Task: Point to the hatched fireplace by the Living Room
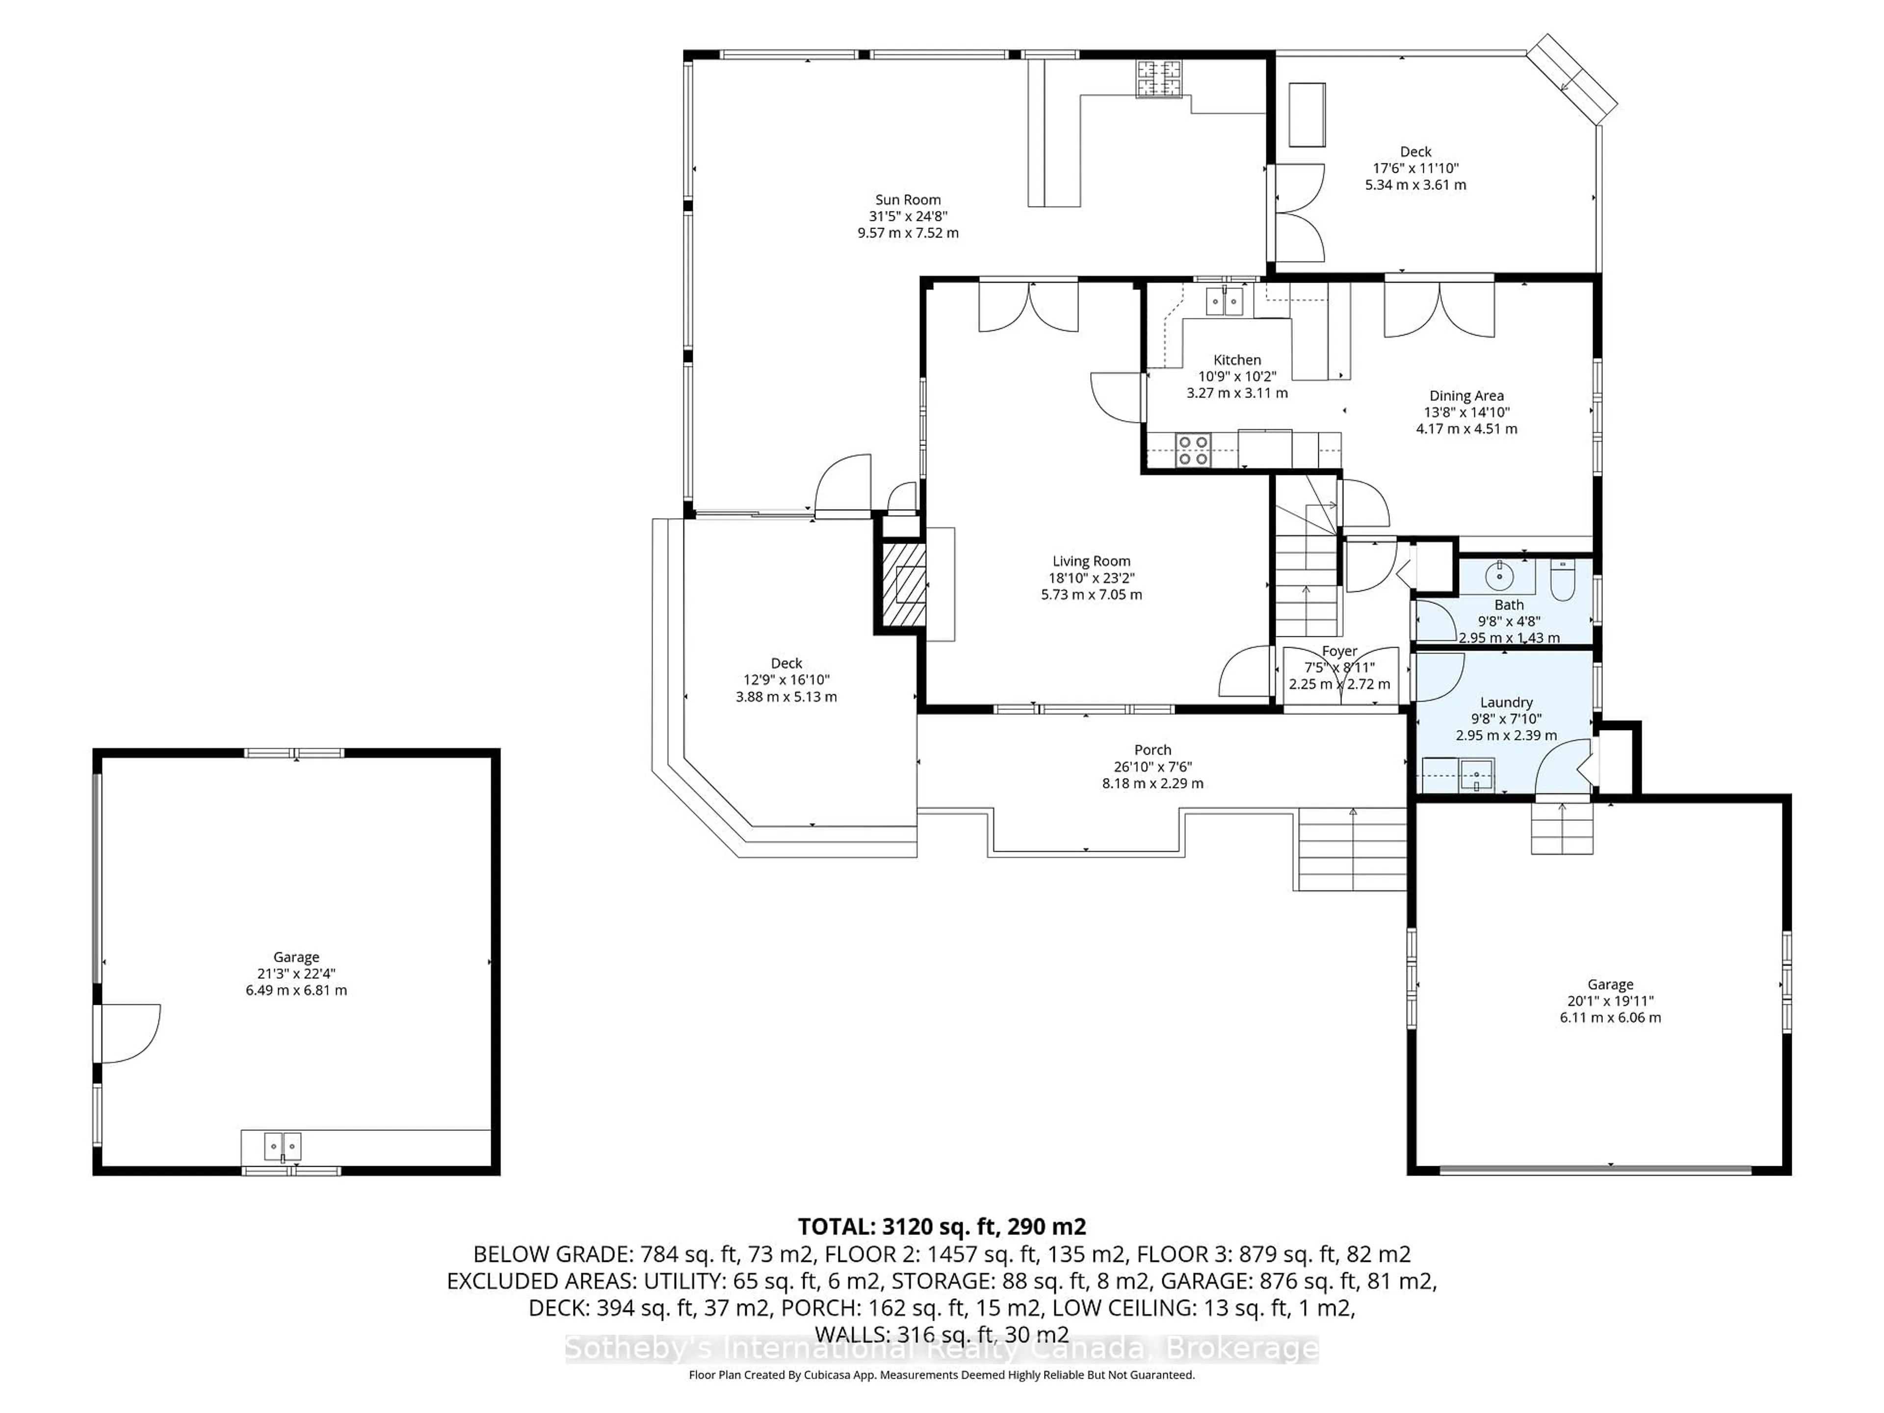tap(902, 586)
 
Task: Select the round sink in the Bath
tap(1498, 576)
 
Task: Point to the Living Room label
tap(1091, 561)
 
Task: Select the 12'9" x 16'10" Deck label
tap(786, 680)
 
